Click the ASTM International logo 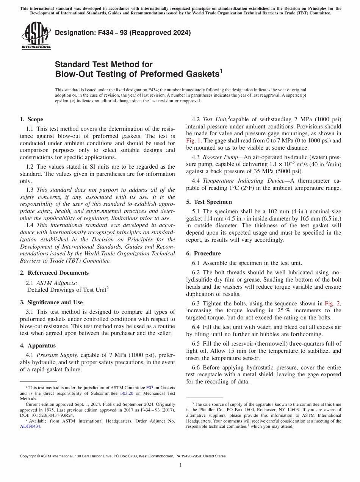point(36,36)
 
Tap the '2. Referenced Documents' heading point(54,273)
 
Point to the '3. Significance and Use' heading point(51,302)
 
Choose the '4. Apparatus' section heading point(38,346)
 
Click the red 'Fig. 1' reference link point(194,141)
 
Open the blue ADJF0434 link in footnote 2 point(30,426)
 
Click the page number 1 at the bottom point(180,465)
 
